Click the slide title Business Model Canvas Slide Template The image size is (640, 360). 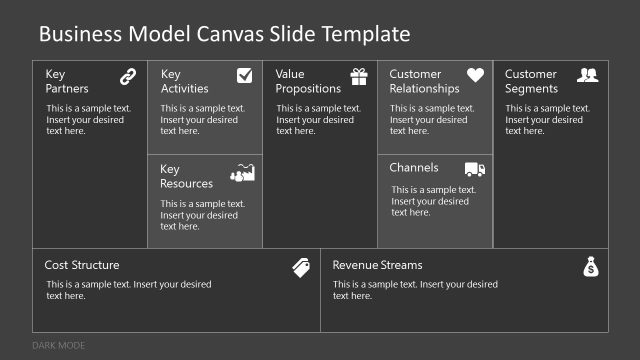pyautogui.click(x=224, y=34)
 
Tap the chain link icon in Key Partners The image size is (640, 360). pyautogui.click(x=128, y=75)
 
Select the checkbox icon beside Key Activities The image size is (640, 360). pyautogui.click(x=244, y=75)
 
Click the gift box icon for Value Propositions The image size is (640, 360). pyautogui.click(x=359, y=76)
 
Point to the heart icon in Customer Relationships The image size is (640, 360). pyautogui.click(x=475, y=75)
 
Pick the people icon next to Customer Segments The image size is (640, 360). pyautogui.click(x=588, y=75)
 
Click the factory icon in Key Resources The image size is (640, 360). pyautogui.click(x=243, y=172)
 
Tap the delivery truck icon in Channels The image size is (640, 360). pyautogui.click(x=475, y=169)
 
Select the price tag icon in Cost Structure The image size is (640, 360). pyautogui.click(x=301, y=266)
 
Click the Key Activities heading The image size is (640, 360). pyautogui.click(x=184, y=81)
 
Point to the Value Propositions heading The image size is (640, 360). pyautogui.click(x=307, y=81)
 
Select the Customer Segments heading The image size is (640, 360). pyautogui.click(x=531, y=81)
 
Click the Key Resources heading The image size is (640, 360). pyautogui.click(x=186, y=176)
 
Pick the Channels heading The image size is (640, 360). pyautogui.click(x=414, y=168)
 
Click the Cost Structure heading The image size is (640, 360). pyautogui.click(x=82, y=265)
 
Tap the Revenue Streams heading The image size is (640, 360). pyautogui.click(x=377, y=265)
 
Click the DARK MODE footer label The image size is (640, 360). pyautogui.click(x=59, y=346)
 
